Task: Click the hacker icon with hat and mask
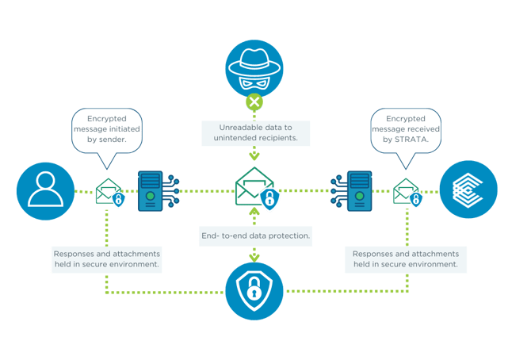(254, 67)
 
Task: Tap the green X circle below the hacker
(254, 102)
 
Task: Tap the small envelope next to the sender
(108, 193)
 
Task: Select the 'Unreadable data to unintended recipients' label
(254, 132)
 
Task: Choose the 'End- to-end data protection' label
(254, 236)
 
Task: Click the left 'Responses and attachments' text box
(107, 259)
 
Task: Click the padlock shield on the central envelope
(270, 199)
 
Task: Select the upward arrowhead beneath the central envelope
(254, 213)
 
